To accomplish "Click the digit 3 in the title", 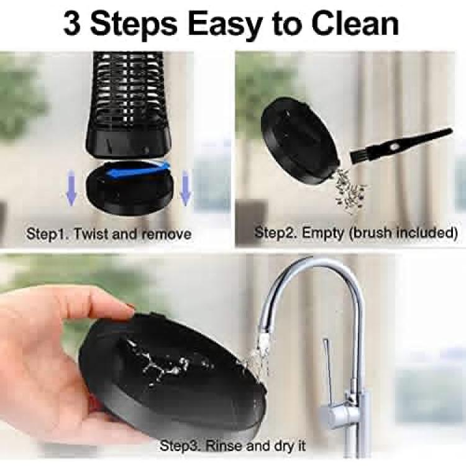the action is pos(72,24).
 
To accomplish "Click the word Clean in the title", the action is pos(355,24).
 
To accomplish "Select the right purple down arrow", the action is pos(185,188).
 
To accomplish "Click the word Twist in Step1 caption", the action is pos(91,234).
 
